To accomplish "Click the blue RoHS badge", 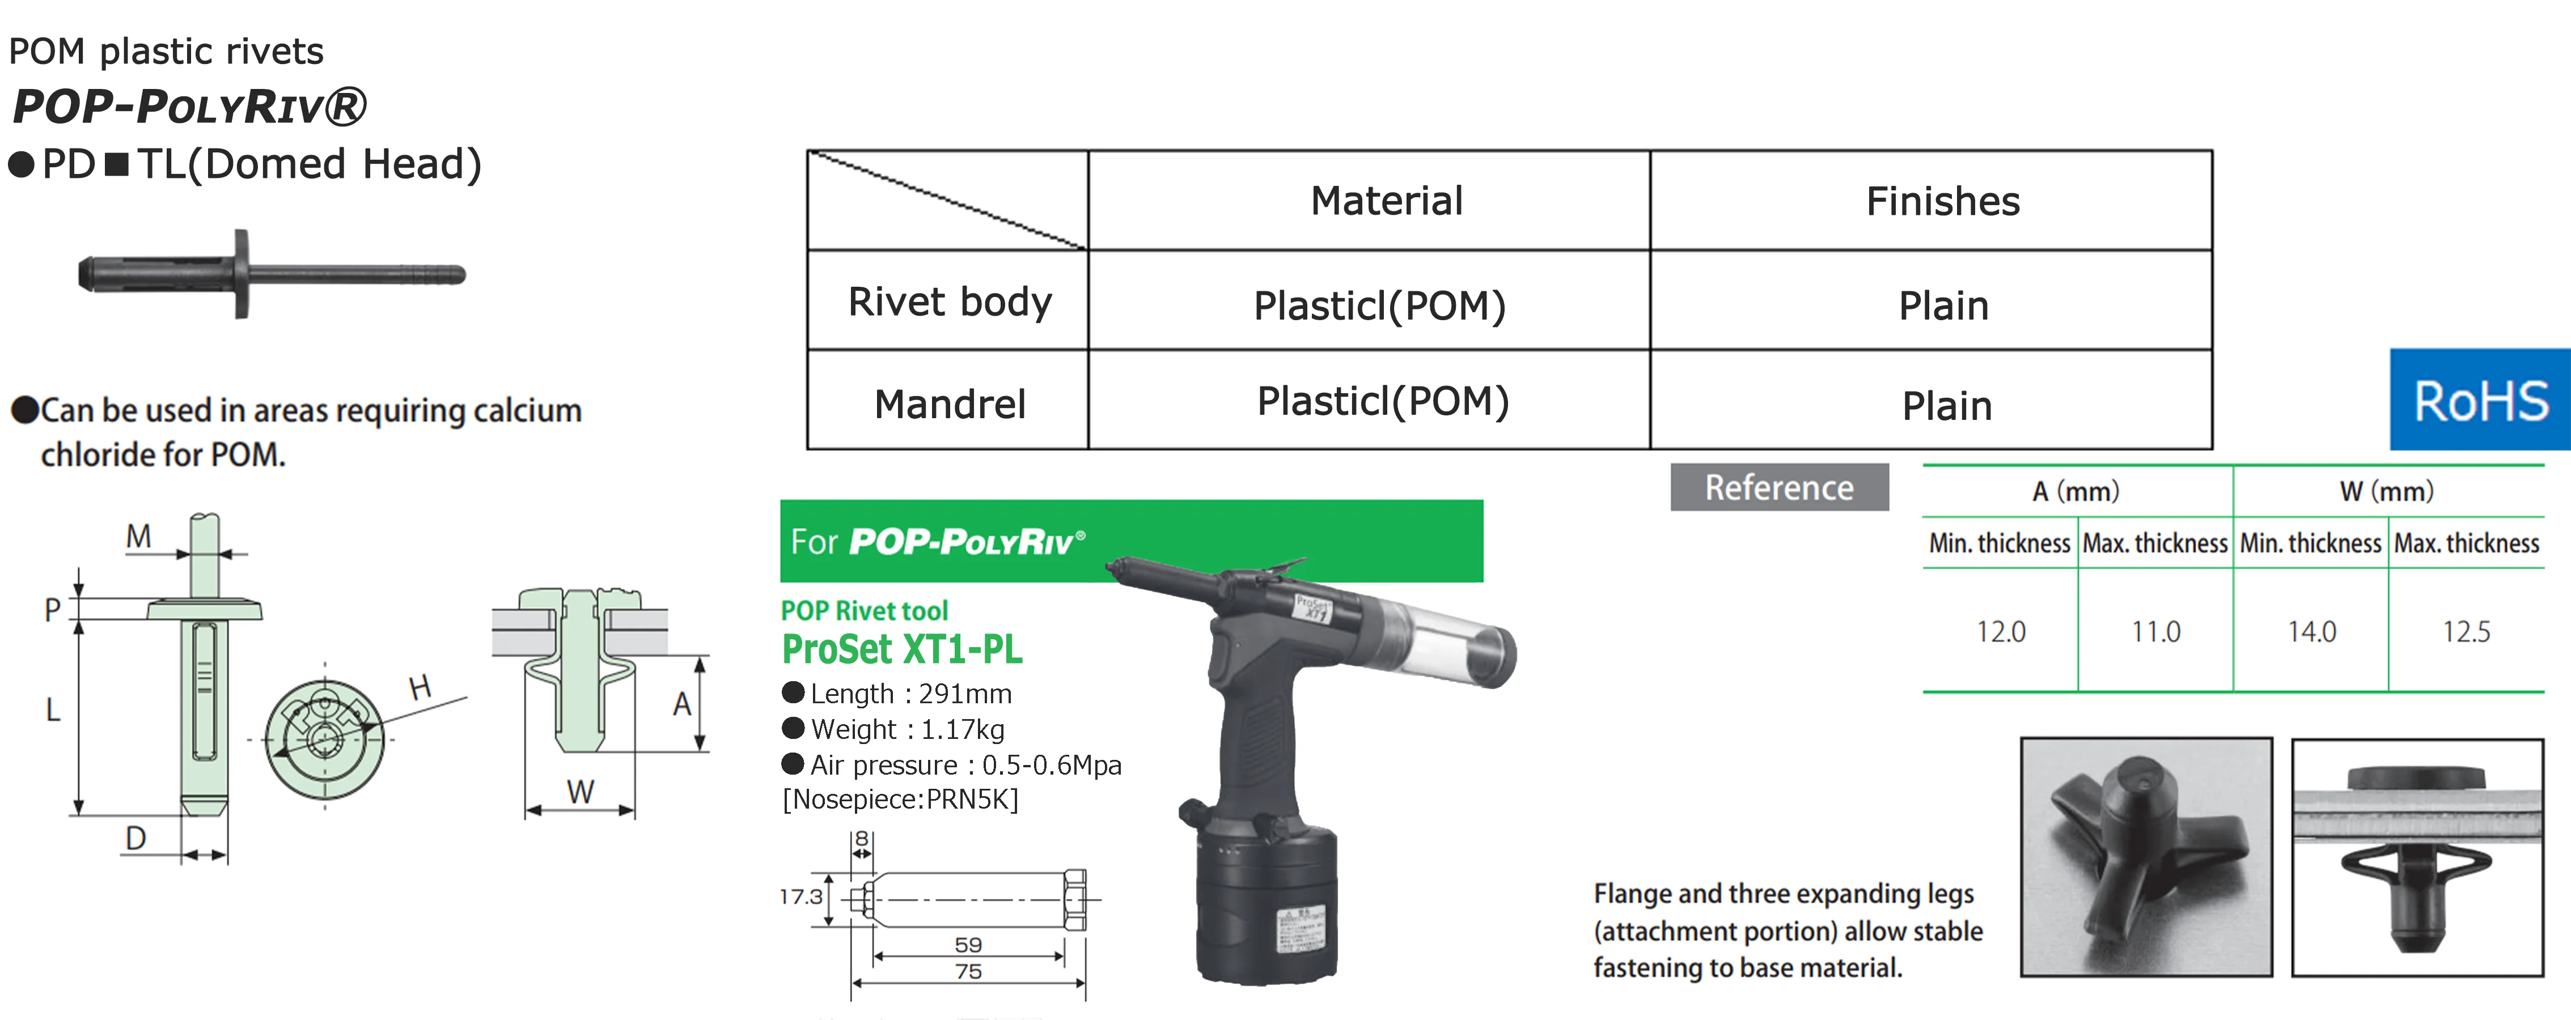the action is [x=2479, y=400].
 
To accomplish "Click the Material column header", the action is [x=1386, y=201].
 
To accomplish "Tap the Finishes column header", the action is [x=1942, y=201].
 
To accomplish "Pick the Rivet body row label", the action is [x=949, y=301].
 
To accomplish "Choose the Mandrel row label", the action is [x=949, y=404].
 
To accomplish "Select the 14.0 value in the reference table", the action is [x=2311, y=632].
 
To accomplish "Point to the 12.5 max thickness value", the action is [x=2466, y=632].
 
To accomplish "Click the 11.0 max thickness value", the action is [x=2156, y=632].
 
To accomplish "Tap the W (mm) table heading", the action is [x=2386, y=491].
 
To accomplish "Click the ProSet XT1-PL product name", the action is [x=901, y=650].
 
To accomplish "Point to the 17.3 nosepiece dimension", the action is [x=800, y=896].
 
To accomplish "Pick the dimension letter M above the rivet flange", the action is [x=139, y=537].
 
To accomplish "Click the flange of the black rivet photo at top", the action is [x=242, y=274].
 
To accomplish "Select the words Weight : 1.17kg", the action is [x=907, y=729].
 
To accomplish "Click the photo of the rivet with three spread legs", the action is [x=2146, y=856].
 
